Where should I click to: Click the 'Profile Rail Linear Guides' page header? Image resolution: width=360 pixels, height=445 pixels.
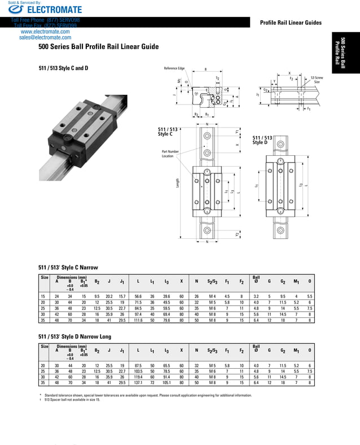coord(290,23)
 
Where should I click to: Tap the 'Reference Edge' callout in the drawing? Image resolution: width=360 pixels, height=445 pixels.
coord(174,68)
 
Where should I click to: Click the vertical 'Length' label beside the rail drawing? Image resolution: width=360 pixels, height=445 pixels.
coord(179,184)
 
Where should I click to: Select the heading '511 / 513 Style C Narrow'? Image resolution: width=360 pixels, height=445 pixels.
coord(68,267)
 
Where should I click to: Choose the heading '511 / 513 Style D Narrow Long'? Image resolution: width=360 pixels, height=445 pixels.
coord(75,337)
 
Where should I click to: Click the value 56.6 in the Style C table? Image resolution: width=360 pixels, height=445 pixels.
coord(138,296)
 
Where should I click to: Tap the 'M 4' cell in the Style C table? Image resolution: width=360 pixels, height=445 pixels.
coord(212,296)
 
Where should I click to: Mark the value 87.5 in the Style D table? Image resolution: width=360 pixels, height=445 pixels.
coord(138,365)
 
